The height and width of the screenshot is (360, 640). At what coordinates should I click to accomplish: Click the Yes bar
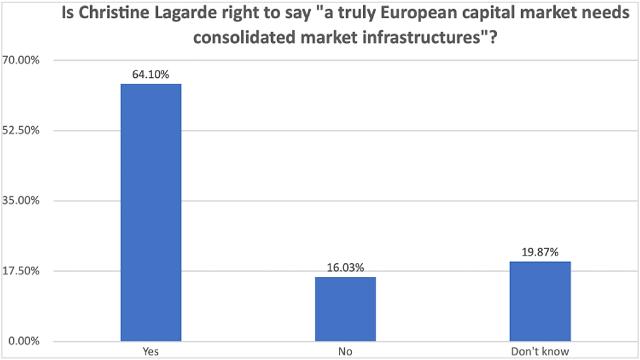[151, 212]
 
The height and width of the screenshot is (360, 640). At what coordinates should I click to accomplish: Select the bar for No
[345, 308]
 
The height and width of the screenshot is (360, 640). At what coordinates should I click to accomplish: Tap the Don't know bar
[540, 301]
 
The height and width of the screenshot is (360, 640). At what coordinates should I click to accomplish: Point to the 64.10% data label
[151, 74]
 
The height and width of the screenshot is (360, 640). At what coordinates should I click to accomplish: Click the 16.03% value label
[345, 267]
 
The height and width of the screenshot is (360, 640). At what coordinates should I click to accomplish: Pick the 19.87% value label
[540, 252]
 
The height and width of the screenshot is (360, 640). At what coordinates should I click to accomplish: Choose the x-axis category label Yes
[151, 352]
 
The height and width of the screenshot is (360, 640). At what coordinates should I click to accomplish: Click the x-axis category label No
[345, 352]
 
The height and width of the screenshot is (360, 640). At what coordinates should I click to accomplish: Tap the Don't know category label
[540, 352]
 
